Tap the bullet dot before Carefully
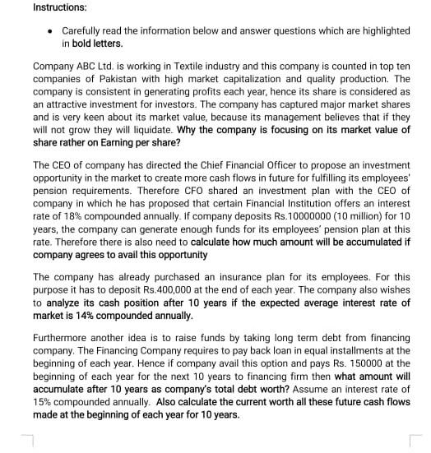point(52,30)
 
